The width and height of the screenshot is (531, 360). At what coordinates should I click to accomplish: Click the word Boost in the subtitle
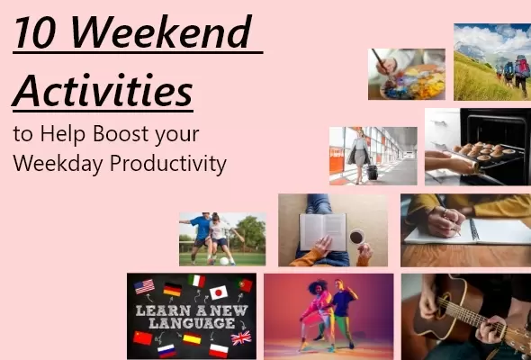click(126, 135)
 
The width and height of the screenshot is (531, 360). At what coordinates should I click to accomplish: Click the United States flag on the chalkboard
click(144, 286)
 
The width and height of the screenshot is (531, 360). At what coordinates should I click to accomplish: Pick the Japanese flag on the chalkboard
click(218, 292)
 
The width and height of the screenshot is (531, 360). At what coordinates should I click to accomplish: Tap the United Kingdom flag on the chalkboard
click(241, 337)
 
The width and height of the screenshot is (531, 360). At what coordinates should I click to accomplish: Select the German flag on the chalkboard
click(171, 289)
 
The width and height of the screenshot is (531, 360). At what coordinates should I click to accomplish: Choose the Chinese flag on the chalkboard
click(143, 337)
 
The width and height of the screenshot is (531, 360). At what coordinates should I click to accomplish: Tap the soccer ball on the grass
click(222, 261)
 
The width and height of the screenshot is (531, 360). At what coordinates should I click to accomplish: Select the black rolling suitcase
click(372, 171)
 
